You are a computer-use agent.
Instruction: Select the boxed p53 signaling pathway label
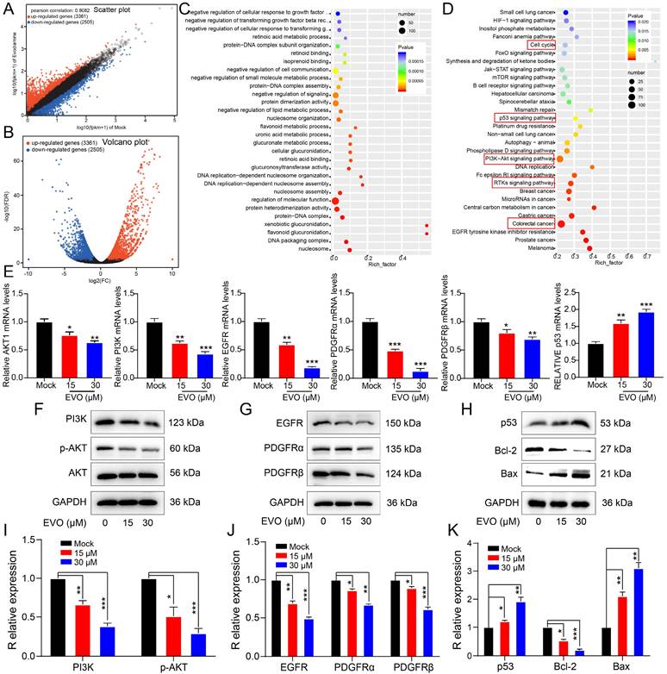click(x=525, y=117)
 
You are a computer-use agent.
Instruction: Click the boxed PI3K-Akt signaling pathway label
click(x=521, y=159)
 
